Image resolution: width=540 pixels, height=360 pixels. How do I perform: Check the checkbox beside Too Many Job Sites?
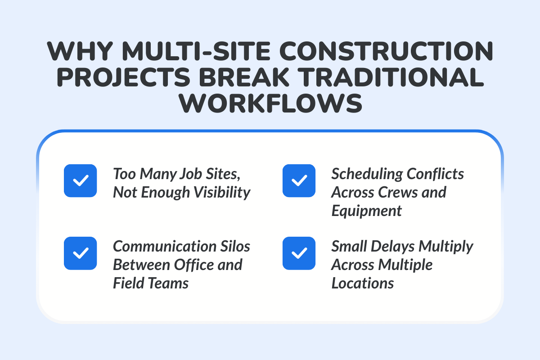tap(80, 180)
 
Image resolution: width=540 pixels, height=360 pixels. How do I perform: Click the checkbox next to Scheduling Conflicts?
tap(299, 180)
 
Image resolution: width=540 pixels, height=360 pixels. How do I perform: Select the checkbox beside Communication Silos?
tap(80, 253)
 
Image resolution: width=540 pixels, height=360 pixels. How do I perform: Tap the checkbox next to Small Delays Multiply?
tap(299, 253)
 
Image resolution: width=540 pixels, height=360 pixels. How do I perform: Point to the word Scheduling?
tap(368, 174)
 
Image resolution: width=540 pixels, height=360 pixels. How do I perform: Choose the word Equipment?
tap(367, 211)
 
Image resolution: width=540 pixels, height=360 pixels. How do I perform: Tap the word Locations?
tap(363, 283)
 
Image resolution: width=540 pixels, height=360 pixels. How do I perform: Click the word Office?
tap(197, 265)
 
